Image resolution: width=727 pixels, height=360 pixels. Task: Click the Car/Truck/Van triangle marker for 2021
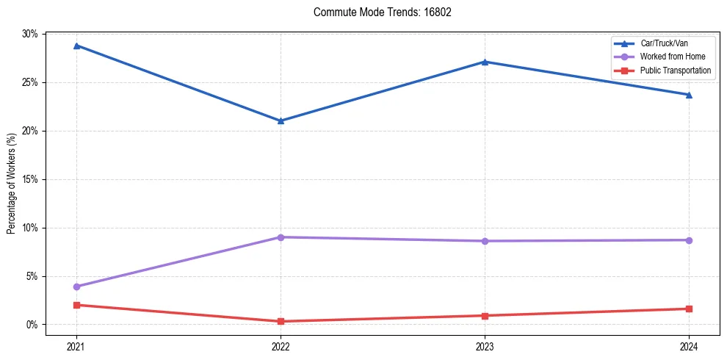76,46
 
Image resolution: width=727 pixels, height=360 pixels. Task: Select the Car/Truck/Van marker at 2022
281,120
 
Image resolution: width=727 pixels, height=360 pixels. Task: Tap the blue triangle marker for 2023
485,62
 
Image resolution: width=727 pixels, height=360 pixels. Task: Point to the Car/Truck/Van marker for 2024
689,95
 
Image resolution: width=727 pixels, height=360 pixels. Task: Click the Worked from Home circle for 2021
76,287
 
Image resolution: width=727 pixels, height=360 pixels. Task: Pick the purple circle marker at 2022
281,237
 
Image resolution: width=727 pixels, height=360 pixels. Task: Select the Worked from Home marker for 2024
689,240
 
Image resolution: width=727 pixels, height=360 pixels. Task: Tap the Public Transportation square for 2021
76,305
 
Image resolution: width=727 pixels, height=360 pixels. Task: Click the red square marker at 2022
281,321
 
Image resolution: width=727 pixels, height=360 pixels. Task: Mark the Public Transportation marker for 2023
485,316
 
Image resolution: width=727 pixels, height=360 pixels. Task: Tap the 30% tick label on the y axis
30,34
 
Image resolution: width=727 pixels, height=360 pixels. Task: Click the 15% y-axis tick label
30,179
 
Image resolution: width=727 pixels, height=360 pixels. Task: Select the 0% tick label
32,325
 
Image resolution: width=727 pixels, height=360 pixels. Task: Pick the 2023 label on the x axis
485,345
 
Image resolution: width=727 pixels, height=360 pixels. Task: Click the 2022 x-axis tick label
281,345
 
